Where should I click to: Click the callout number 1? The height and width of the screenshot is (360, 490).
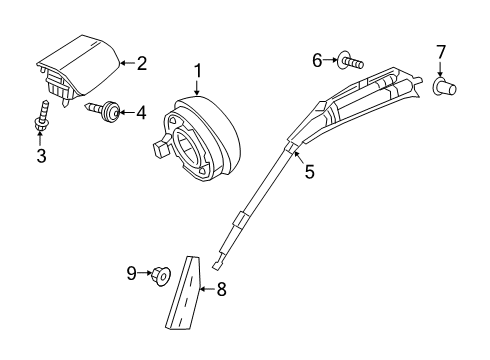click(x=198, y=71)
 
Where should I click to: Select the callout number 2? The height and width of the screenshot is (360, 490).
click(x=142, y=63)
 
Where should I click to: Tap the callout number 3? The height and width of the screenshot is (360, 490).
click(x=41, y=156)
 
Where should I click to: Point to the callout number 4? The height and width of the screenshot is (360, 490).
click(x=141, y=113)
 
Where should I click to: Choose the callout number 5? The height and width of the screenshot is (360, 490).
click(x=310, y=172)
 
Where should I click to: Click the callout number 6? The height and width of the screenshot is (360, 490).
click(x=317, y=60)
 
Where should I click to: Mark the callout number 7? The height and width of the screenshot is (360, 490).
click(x=441, y=52)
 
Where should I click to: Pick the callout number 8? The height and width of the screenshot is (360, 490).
click(x=222, y=289)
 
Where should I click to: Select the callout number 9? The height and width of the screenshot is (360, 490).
click(x=132, y=273)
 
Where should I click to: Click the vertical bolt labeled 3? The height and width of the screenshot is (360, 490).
click(x=42, y=116)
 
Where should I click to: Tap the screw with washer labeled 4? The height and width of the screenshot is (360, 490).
click(x=103, y=109)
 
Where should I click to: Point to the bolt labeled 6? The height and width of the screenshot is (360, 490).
click(x=350, y=61)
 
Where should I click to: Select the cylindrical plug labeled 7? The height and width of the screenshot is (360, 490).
click(x=444, y=87)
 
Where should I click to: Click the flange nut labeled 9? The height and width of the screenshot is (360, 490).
click(x=161, y=276)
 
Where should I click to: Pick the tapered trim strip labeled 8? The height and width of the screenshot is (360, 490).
click(x=184, y=293)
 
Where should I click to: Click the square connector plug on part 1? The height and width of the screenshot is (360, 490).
click(x=160, y=148)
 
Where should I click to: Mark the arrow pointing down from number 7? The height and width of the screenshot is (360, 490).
click(x=440, y=69)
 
